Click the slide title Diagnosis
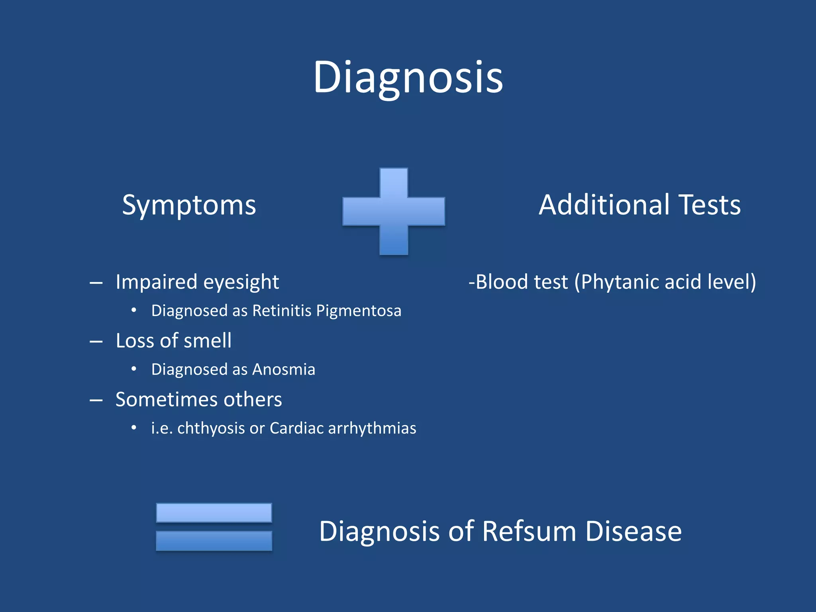(x=408, y=78)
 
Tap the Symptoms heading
(x=189, y=206)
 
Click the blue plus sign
(x=394, y=211)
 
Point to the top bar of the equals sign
(x=214, y=513)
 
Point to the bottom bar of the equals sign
(x=214, y=541)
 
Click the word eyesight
(x=241, y=282)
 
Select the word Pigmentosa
(x=359, y=311)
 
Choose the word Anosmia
(x=284, y=369)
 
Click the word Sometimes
(x=166, y=399)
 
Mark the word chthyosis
(x=211, y=428)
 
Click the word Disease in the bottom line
(x=634, y=532)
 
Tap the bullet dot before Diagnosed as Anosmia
(x=134, y=369)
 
